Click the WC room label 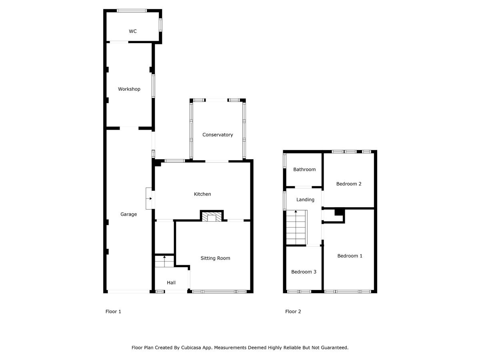(x=132, y=31)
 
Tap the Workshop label (x=129, y=89)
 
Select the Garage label (x=128, y=214)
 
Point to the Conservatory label (x=218, y=135)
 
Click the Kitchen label (x=202, y=194)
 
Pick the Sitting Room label (x=215, y=258)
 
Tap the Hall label (x=171, y=283)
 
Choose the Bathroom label (x=304, y=169)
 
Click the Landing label (x=305, y=200)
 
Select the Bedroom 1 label (x=350, y=256)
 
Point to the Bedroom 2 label (x=348, y=184)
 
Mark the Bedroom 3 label (x=304, y=272)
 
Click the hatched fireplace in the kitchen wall (x=212, y=217)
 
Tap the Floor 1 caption (x=113, y=312)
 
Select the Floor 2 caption (x=293, y=312)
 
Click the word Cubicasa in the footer (x=190, y=348)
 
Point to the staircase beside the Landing (x=296, y=227)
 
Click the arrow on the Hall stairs (x=164, y=261)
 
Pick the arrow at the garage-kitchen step (x=149, y=198)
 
